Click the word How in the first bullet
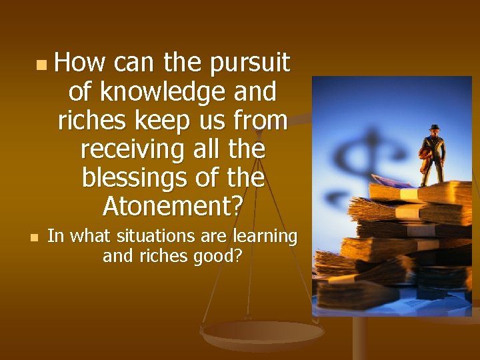click(x=79, y=63)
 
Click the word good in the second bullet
click(x=213, y=256)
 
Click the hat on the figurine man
click(x=435, y=127)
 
